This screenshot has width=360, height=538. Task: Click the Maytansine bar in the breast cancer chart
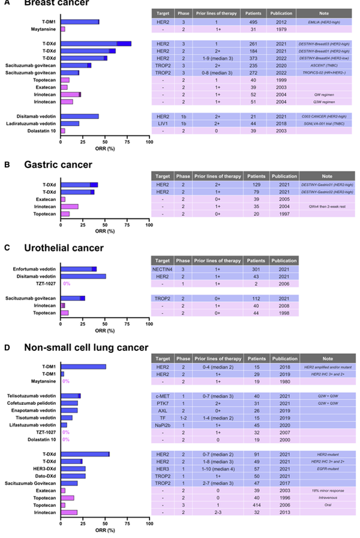tap(62, 29)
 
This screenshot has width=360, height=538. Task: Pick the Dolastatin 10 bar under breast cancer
tap(62, 131)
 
